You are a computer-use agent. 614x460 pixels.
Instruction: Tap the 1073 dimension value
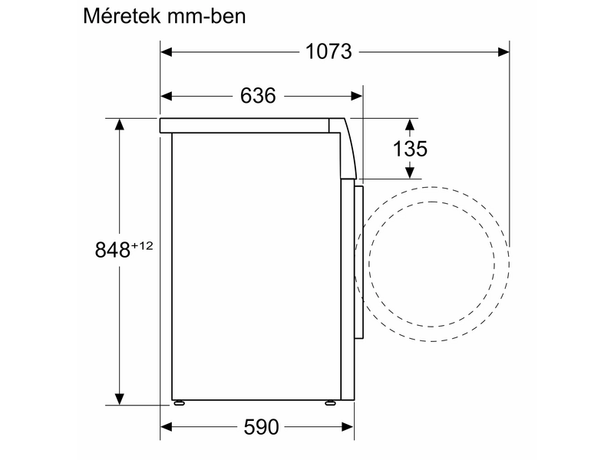[328, 52]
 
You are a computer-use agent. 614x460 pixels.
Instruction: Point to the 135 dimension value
[410, 148]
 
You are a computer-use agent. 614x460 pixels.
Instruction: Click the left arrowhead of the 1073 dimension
[166, 52]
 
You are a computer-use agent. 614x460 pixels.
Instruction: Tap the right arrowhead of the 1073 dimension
[503, 52]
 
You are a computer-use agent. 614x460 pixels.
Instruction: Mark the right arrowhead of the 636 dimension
[357, 96]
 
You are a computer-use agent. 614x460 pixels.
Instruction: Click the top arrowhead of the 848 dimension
[120, 123]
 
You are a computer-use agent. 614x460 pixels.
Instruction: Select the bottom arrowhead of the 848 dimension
[120, 399]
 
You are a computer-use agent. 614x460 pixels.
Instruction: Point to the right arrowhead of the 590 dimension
[349, 427]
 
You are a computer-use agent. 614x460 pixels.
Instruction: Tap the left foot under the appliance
[178, 402]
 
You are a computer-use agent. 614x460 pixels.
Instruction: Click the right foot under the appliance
[332, 402]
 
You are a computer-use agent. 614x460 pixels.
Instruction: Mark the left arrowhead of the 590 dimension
[166, 427]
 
